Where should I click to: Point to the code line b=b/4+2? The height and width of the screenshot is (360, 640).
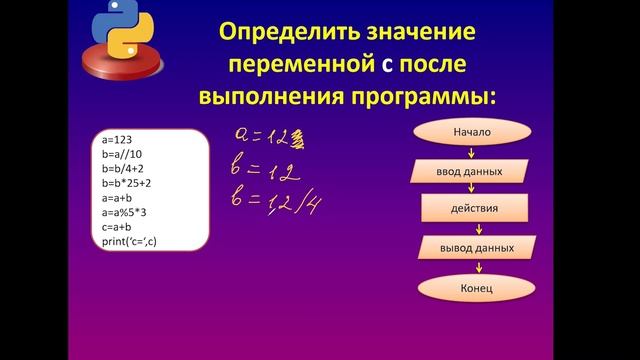124,170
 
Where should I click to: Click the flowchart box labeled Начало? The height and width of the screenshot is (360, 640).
473,132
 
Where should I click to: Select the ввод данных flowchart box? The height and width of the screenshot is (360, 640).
475,171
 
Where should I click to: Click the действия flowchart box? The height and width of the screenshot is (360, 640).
475,210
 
